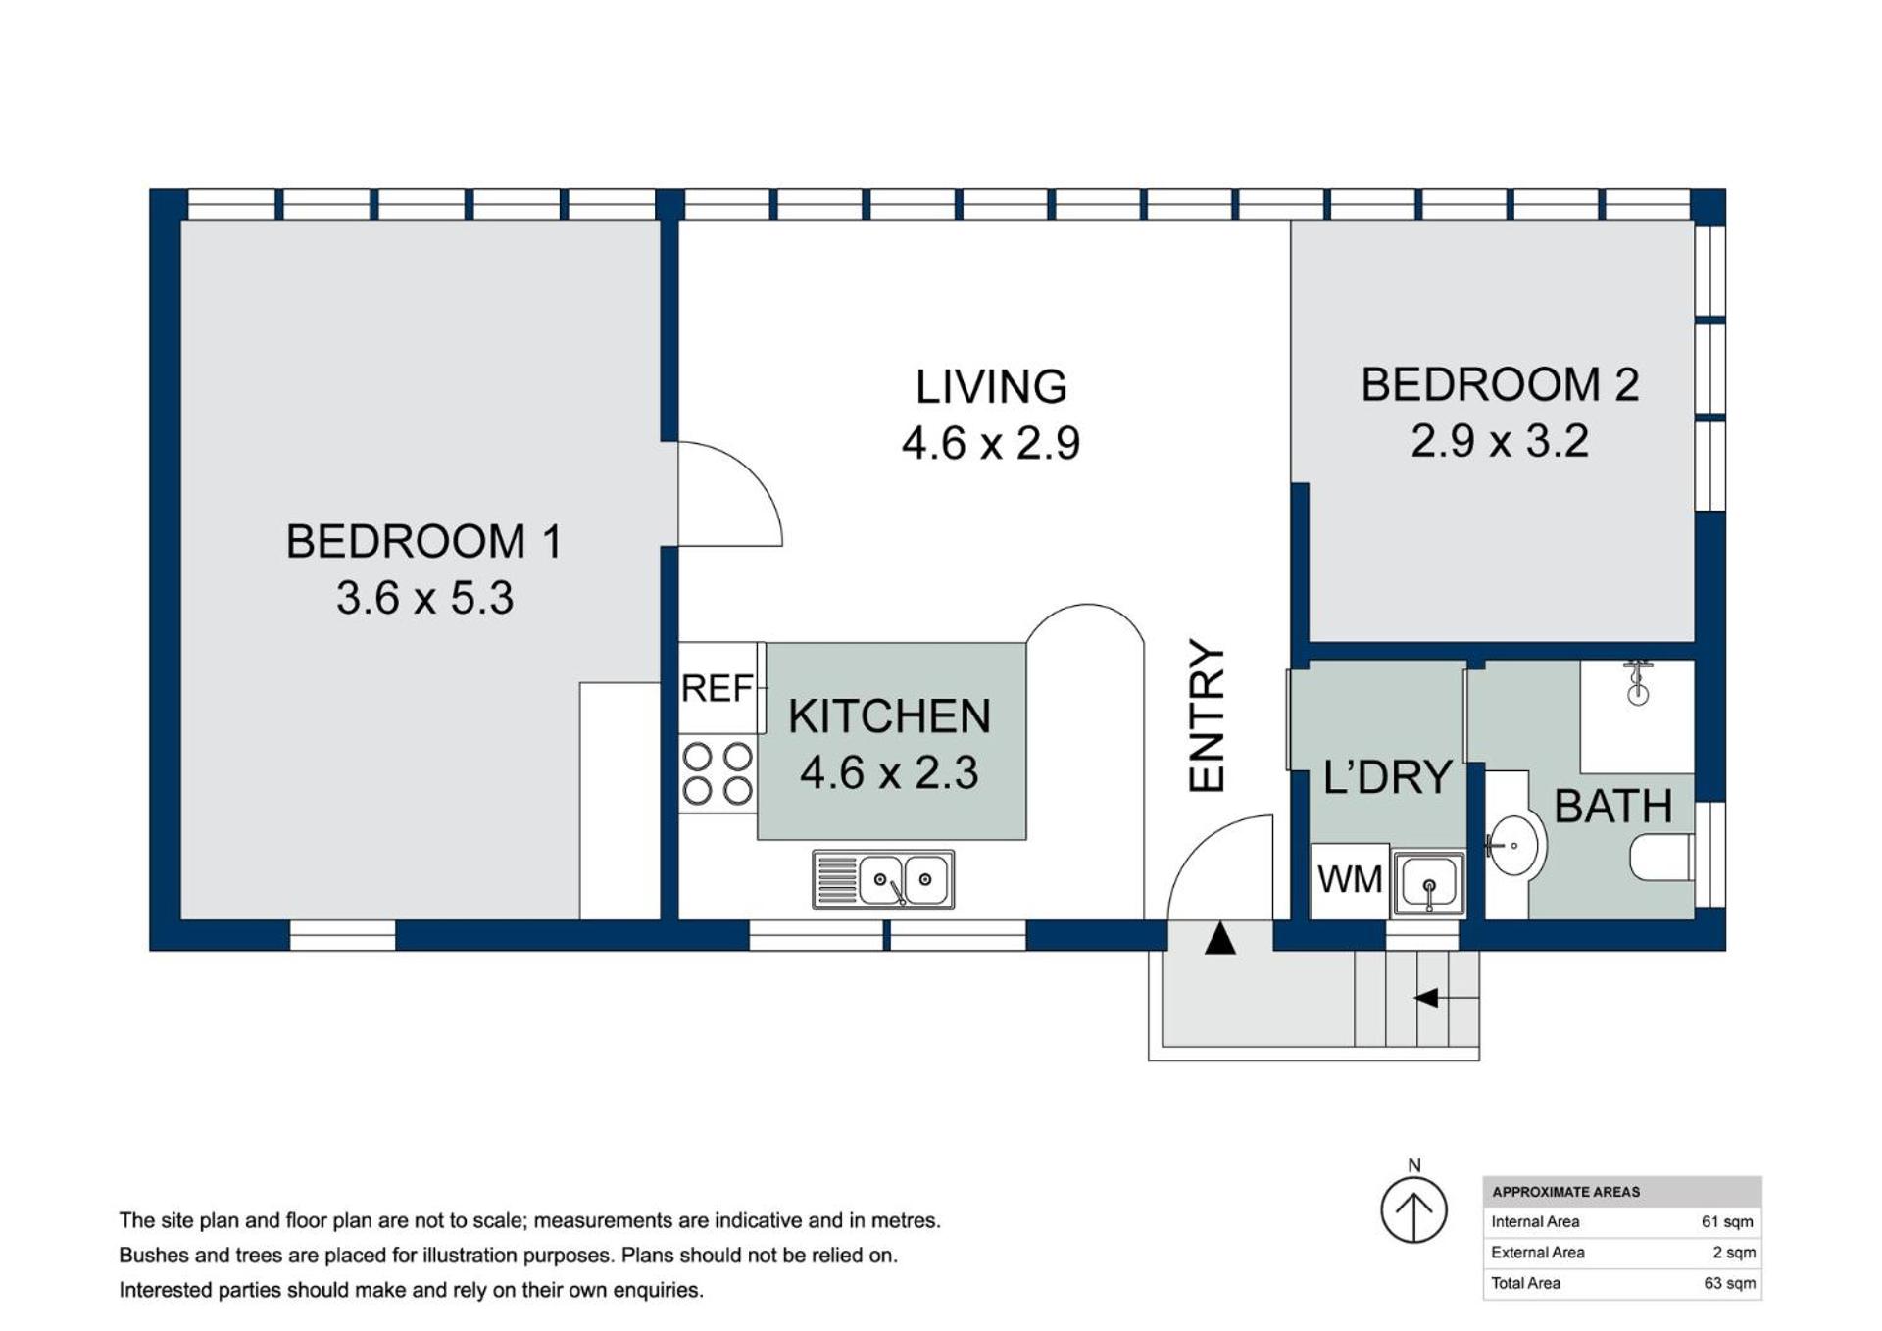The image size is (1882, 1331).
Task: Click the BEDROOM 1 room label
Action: [423, 541]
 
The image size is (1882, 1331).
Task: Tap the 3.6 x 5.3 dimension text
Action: [424, 598]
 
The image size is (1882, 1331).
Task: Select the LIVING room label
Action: [991, 386]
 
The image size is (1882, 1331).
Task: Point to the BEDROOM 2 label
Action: [1500, 384]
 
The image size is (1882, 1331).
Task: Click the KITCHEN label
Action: [889, 716]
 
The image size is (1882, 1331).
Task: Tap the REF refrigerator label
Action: [717, 689]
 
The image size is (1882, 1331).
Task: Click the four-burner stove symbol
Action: [718, 773]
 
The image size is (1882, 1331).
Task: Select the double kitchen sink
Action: [883, 879]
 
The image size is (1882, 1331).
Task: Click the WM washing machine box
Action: [1350, 880]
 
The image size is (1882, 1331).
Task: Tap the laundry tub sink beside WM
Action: [1429, 883]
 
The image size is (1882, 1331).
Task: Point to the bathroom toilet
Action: [1661, 858]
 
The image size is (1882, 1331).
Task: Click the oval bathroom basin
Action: [1514, 845]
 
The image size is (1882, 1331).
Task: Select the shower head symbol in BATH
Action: [1638, 683]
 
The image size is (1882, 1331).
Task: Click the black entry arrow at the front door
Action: [1219, 939]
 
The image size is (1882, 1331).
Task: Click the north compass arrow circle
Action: [1413, 1209]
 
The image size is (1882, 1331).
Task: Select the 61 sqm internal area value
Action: [1727, 1222]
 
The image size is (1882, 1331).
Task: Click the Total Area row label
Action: [1525, 1283]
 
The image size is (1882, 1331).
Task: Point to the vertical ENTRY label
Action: [1207, 715]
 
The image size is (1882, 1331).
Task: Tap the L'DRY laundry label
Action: [1387, 777]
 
